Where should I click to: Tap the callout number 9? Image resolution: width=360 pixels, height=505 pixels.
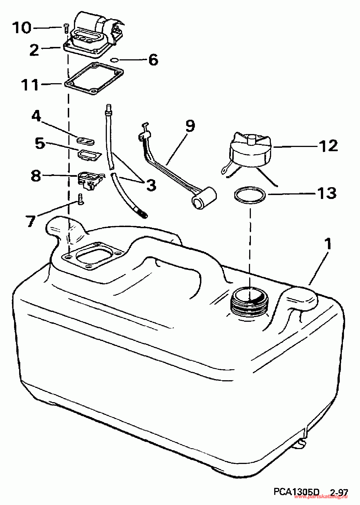pos(190,126)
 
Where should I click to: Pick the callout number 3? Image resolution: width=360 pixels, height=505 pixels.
pos(151,185)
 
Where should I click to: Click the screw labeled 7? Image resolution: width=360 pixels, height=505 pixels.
pos(80,199)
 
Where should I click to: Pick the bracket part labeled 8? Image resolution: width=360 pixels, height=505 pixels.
pos(89,180)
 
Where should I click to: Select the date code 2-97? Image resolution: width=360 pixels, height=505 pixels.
pos(339,492)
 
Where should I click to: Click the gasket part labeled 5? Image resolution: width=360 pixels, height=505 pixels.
pos(89,155)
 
